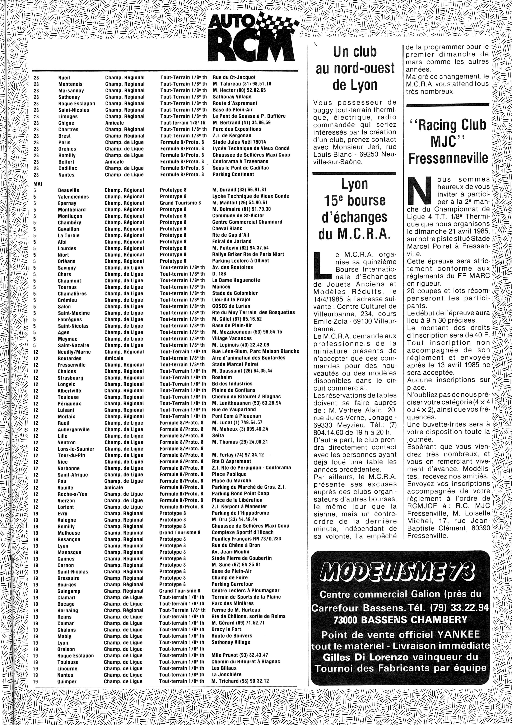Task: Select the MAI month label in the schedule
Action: tap(38, 184)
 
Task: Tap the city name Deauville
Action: tap(69, 190)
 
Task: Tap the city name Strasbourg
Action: tap(70, 378)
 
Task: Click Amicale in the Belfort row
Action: tap(114, 162)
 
